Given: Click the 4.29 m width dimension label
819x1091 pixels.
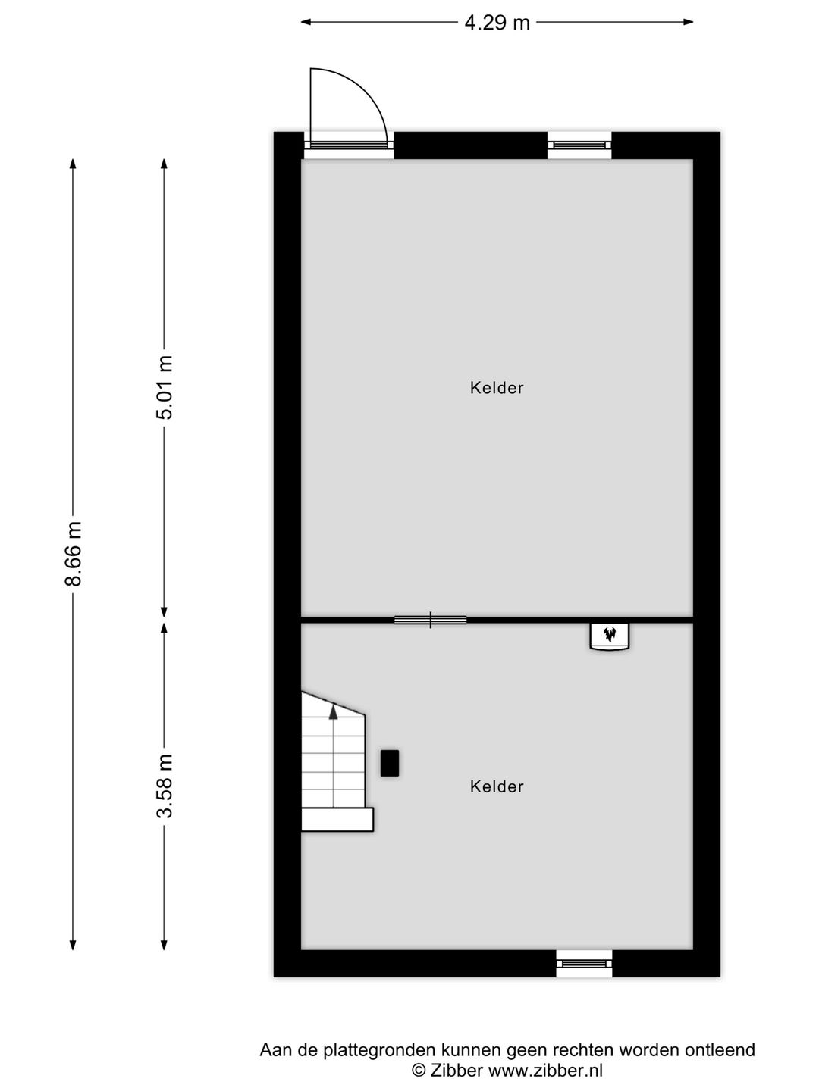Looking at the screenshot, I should coord(497,23).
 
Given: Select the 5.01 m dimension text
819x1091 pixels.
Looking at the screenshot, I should coord(165,387).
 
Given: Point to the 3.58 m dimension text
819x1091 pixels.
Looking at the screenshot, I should coord(165,786).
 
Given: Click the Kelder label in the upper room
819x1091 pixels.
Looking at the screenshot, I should coord(497,388).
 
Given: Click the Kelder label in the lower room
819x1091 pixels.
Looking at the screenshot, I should coord(497,786).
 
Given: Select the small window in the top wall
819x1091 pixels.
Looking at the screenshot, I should coord(579,144).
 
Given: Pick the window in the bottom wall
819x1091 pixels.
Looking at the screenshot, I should coord(584,963).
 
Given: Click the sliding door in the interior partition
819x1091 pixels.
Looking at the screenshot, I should coord(430,621).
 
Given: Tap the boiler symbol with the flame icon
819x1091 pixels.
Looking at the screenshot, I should coord(610,636).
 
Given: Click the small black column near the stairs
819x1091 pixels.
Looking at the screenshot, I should coord(390,763).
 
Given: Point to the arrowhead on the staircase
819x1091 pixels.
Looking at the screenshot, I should coord(333,711).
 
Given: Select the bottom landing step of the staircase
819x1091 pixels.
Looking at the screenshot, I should coord(337,820).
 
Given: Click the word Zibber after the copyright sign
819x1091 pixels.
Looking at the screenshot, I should coord(457,1071).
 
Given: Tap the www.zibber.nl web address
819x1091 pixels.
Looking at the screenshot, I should coord(545,1071).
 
